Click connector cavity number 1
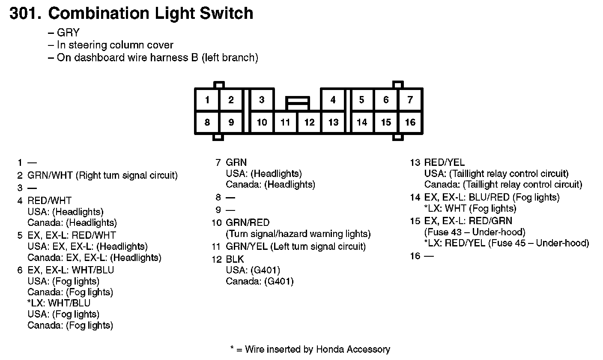207,100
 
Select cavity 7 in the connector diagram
410,100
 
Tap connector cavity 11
285,123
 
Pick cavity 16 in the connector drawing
410,123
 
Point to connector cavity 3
262,100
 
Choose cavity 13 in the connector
333,123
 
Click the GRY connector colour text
68,33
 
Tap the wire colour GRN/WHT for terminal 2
50,175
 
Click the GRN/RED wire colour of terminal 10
248,223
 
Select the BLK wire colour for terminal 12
235,259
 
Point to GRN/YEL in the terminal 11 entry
248,246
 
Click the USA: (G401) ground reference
253,270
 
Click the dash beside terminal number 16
429,256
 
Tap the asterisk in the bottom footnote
233,349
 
